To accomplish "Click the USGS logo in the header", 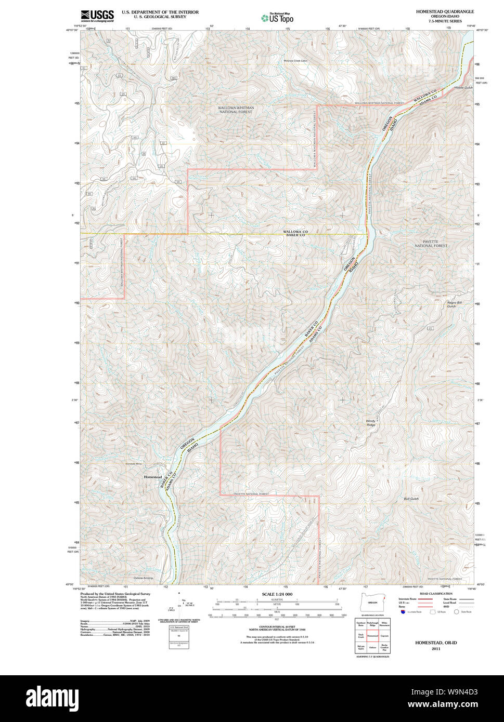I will click(97, 16).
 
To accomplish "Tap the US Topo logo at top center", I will click(277, 18).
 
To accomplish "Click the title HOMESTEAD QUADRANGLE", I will click(445, 11).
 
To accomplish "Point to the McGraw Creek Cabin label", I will click(296, 61).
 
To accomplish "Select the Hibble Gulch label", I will click(463, 88).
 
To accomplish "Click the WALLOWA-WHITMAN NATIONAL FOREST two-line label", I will click(236, 110).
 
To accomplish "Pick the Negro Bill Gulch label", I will click(455, 304).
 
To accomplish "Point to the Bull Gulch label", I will click(411, 499).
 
